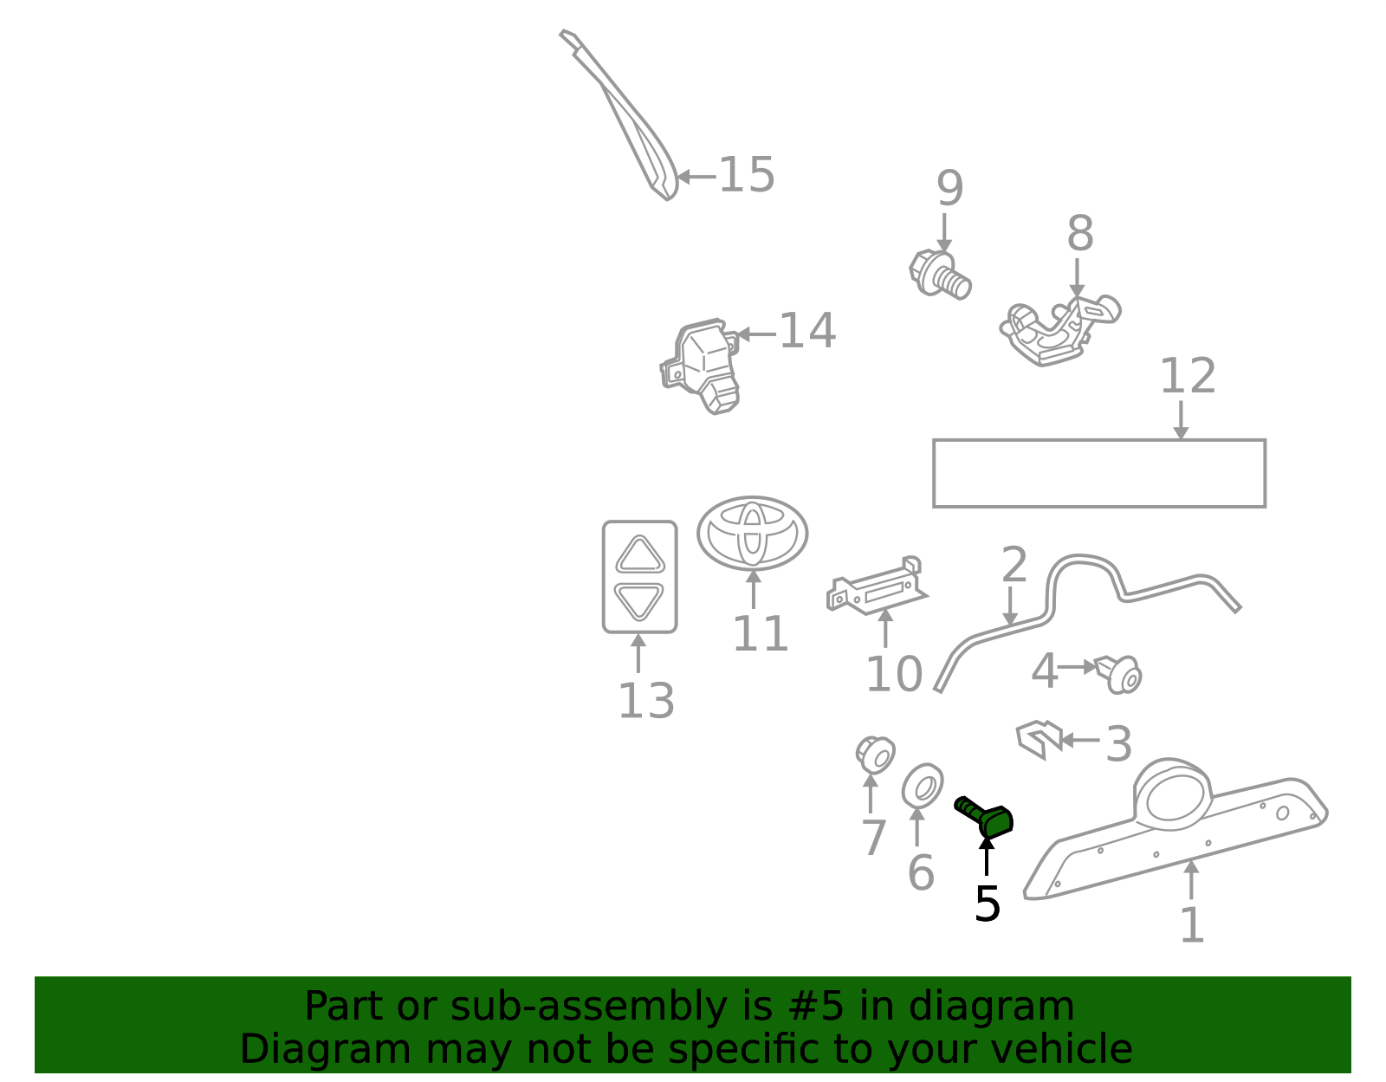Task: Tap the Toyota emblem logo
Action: [x=753, y=533]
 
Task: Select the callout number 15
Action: [x=747, y=175]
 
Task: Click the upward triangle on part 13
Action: [x=640, y=555]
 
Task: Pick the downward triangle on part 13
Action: [x=639, y=600]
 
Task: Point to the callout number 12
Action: [x=1188, y=376]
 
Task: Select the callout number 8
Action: [x=1080, y=233]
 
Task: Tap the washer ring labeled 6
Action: [x=923, y=786]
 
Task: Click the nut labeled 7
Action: [x=875, y=755]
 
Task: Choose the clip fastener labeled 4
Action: [x=1119, y=675]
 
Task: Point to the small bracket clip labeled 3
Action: [x=1039, y=739]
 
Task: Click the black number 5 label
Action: [x=988, y=904]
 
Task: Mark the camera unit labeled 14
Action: [x=700, y=366]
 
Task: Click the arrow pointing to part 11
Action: [x=754, y=590]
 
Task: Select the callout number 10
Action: [x=894, y=674]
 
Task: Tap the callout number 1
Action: [x=1192, y=924]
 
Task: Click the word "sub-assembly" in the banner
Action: [x=589, y=1006]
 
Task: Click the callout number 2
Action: [x=1014, y=564]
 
